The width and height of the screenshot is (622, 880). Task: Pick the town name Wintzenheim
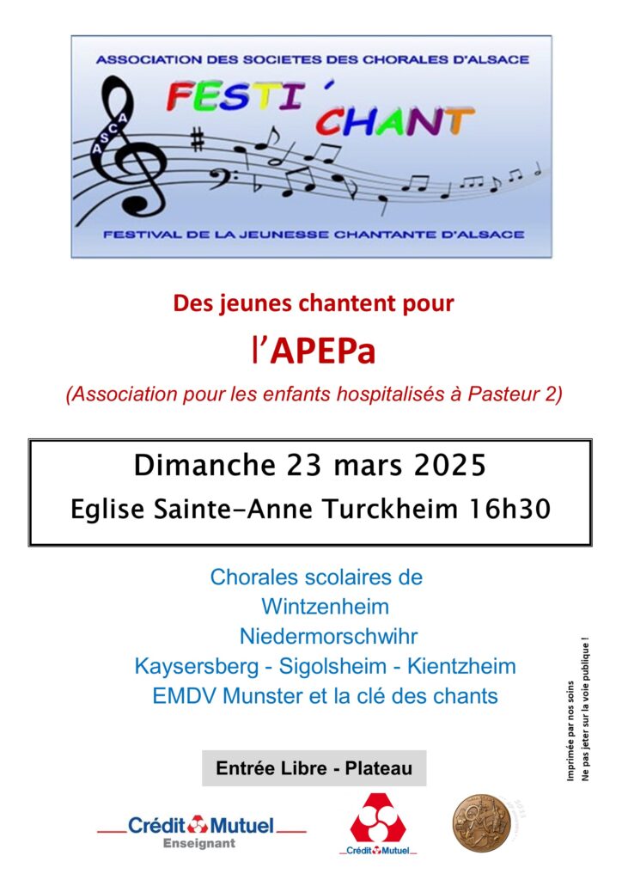click(325, 607)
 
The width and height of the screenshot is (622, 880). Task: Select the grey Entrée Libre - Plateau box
click(314, 768)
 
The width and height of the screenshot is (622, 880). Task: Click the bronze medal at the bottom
click(475, 822)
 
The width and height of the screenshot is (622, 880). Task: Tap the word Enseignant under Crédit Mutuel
click(198, 843)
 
